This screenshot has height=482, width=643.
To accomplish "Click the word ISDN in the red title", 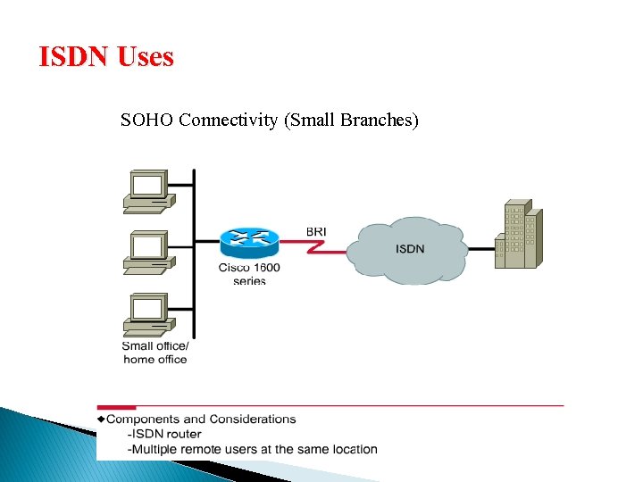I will (72, 58).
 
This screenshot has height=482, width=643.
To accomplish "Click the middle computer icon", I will (148, 252).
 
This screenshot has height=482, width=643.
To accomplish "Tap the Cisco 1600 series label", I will (249, 274).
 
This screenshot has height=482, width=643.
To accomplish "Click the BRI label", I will (316, 231).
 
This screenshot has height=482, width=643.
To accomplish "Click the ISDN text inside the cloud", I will (410, 247).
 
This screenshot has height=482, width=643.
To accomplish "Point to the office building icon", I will (519, 235).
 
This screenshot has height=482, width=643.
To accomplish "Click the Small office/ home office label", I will (154, 353).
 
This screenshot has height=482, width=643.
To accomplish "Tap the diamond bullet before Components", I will (101, 419).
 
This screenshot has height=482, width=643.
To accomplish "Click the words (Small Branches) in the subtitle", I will (350, 120).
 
